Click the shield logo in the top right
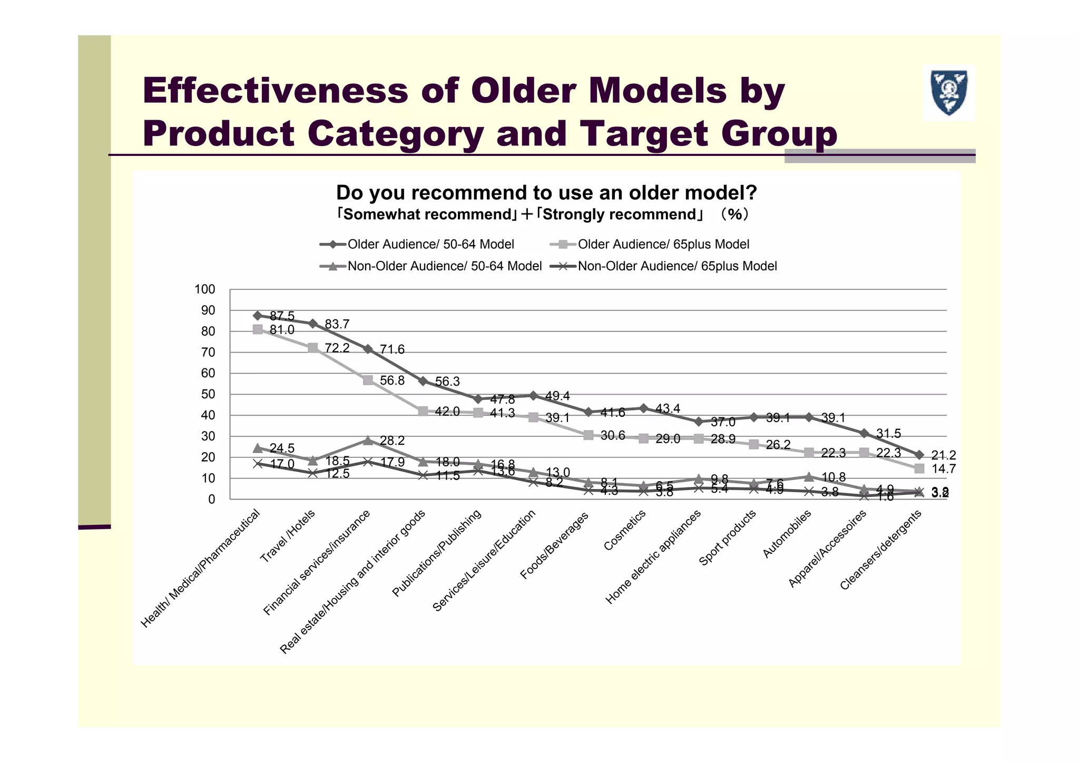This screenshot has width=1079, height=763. click(949, 93)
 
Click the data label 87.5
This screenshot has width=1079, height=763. click(282, 316)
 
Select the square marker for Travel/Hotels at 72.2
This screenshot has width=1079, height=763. click(312, 348)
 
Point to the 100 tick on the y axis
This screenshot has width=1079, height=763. click(205, 289)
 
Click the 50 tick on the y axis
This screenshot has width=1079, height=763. click(208, 395)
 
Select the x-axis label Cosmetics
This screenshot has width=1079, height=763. click(625, 530)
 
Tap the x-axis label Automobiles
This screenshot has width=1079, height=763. click(787, 534)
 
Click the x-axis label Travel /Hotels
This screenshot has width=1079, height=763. click(288, 536)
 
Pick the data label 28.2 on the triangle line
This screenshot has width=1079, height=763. click(392, 441)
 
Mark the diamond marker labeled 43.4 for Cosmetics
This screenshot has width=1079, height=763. click(643, 408)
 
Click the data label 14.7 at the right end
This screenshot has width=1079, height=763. click(943, 469)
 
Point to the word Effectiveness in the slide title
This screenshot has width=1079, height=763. click(275, 90)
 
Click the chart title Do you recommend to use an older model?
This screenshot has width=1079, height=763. click(546, 193)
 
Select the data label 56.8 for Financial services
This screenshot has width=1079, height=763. click(392, 380)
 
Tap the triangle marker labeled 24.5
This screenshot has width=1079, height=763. click(258, 448)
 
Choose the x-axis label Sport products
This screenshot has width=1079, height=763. click(728, 537)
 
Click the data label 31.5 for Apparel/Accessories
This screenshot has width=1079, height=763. click(888, 434)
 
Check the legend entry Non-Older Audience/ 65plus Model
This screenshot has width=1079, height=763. click(676, 267)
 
